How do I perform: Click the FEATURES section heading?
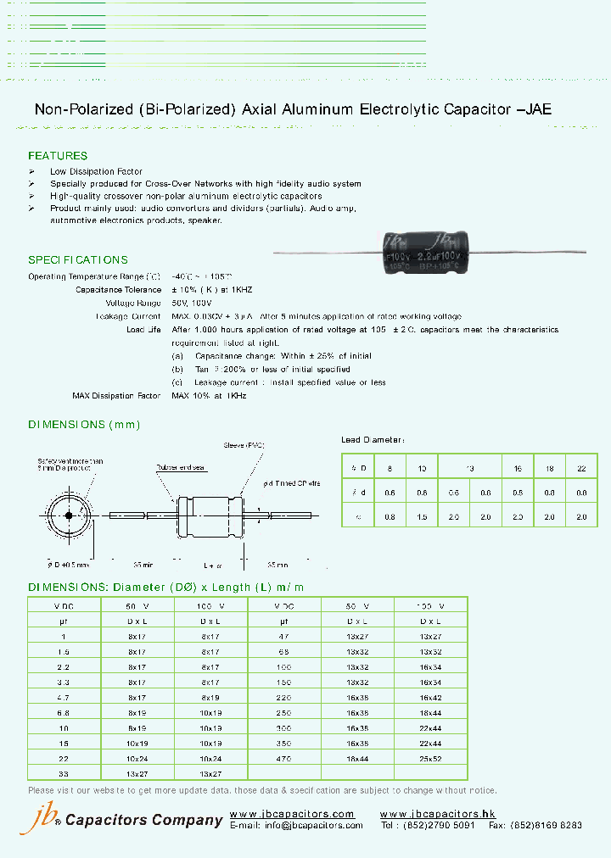pos(58,156)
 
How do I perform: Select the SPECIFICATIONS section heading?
pos(78,260)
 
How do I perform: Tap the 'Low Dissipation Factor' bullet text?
pos(96,172)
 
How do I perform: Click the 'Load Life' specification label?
pos(143,329)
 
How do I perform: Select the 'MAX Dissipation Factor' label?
pos(116,396)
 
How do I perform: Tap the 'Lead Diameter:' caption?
pos(373,440)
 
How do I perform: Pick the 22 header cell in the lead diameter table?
pos(580,466)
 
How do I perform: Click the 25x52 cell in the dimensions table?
pos(430,760)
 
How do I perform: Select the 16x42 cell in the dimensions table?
pos(430,698)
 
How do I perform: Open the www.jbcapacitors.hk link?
pos(437,814)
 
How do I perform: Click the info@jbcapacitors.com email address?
pos(313,825)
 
